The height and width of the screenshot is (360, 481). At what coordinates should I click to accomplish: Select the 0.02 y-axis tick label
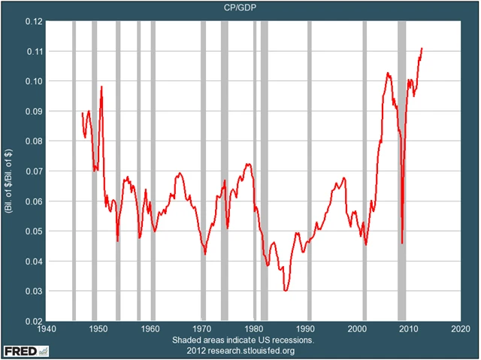pyautogui.click(x=32, y=321)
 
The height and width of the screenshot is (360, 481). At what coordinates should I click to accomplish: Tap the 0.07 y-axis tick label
pyautogui.click(x=32, y=171)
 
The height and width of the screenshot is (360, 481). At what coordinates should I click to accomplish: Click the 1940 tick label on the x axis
pyautogui.click(x=47, y=329)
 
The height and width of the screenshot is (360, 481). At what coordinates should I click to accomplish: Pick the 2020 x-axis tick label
pyautogui.click(x=460, y=329)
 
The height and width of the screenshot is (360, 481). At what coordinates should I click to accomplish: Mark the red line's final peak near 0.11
pyautogui.click(x=422, y=49)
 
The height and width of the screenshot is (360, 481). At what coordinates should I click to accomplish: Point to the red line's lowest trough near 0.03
pyautogui.click(x=286, y=289)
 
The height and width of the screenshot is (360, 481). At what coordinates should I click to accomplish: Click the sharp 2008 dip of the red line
pyautogui.click(x=403, y=242)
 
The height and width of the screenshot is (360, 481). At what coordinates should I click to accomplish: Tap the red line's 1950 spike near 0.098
pyautogui.click(x=101, y=87)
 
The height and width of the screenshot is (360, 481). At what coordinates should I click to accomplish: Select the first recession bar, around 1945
pyautogui.click(x=73, y=171)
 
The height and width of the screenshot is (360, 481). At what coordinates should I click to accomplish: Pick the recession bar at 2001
pyautogui.click(x=365, y=171)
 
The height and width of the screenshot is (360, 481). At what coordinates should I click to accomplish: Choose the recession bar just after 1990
pyautogui.click(x=309, y=171)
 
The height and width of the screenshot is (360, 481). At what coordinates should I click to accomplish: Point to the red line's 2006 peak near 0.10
pyautogui.click(x=388, y=73)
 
